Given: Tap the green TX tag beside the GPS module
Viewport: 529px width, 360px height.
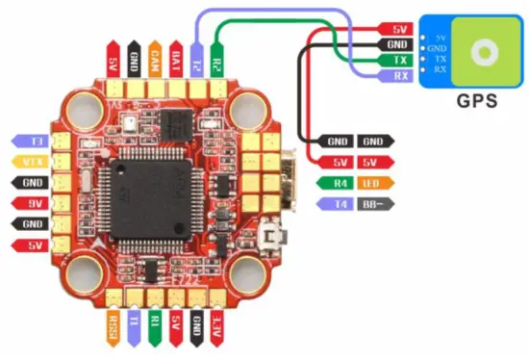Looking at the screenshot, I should (397, 60).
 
